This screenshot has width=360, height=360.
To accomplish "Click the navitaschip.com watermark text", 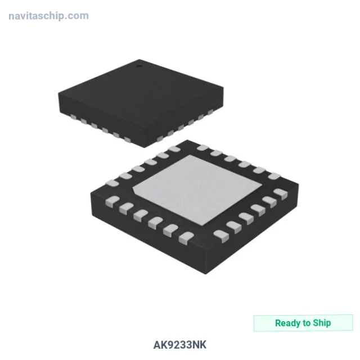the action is [48, 16].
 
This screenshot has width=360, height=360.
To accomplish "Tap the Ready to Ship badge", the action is [303, 323].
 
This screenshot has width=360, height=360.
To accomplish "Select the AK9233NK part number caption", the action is [180, 345].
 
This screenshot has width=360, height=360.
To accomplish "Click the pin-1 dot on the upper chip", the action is [139, 66].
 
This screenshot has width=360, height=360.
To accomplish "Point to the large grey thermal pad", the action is [197, 190].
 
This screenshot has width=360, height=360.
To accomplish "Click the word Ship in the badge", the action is [322, 323].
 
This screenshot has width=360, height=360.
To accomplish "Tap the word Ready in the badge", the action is [288, 323].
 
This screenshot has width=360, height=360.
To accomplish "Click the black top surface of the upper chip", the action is [140, 99].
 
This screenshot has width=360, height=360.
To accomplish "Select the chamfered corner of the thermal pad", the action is [134, 190].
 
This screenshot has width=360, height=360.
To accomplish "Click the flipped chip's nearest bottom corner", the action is [206, 274].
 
